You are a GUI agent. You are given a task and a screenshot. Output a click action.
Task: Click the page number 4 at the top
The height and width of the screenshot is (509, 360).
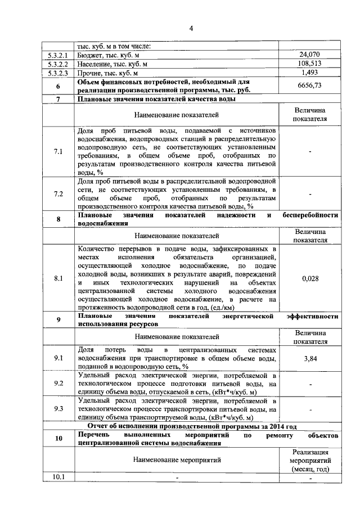pyautogui.click(x=191, y=29)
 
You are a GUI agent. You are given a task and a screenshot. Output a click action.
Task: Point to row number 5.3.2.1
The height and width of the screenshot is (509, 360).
pyautogui.click(x=58, y=55)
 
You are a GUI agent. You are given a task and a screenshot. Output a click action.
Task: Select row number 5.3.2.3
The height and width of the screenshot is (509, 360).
pyautogui.click(x=58, y=73)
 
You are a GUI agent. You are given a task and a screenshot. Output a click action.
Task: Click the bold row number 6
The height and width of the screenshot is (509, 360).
pyautogui.click(x=58, y=86)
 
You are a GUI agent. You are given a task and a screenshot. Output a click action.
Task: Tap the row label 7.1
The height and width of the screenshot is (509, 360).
pyautogui.click(x=58, y=152)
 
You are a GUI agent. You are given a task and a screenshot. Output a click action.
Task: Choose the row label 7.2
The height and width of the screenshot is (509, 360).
pyautogui.click(x=58, y=194)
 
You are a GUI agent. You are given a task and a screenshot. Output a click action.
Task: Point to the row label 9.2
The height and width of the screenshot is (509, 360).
pyautogui.click(x=58, y=384)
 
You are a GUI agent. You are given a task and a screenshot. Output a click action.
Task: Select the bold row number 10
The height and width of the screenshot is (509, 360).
pyautogui.click(x=58, y=439)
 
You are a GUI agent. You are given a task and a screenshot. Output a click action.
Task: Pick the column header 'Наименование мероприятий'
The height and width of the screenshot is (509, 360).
pyautogui.click(x=177, y=460)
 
